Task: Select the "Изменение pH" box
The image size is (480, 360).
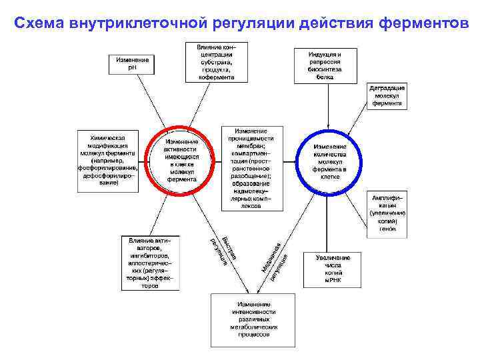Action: (133, 63)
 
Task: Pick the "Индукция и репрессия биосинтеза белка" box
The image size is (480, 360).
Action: (325, 65)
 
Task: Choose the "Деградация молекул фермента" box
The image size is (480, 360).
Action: (387, 96)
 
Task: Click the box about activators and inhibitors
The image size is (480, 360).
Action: (150, 262)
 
